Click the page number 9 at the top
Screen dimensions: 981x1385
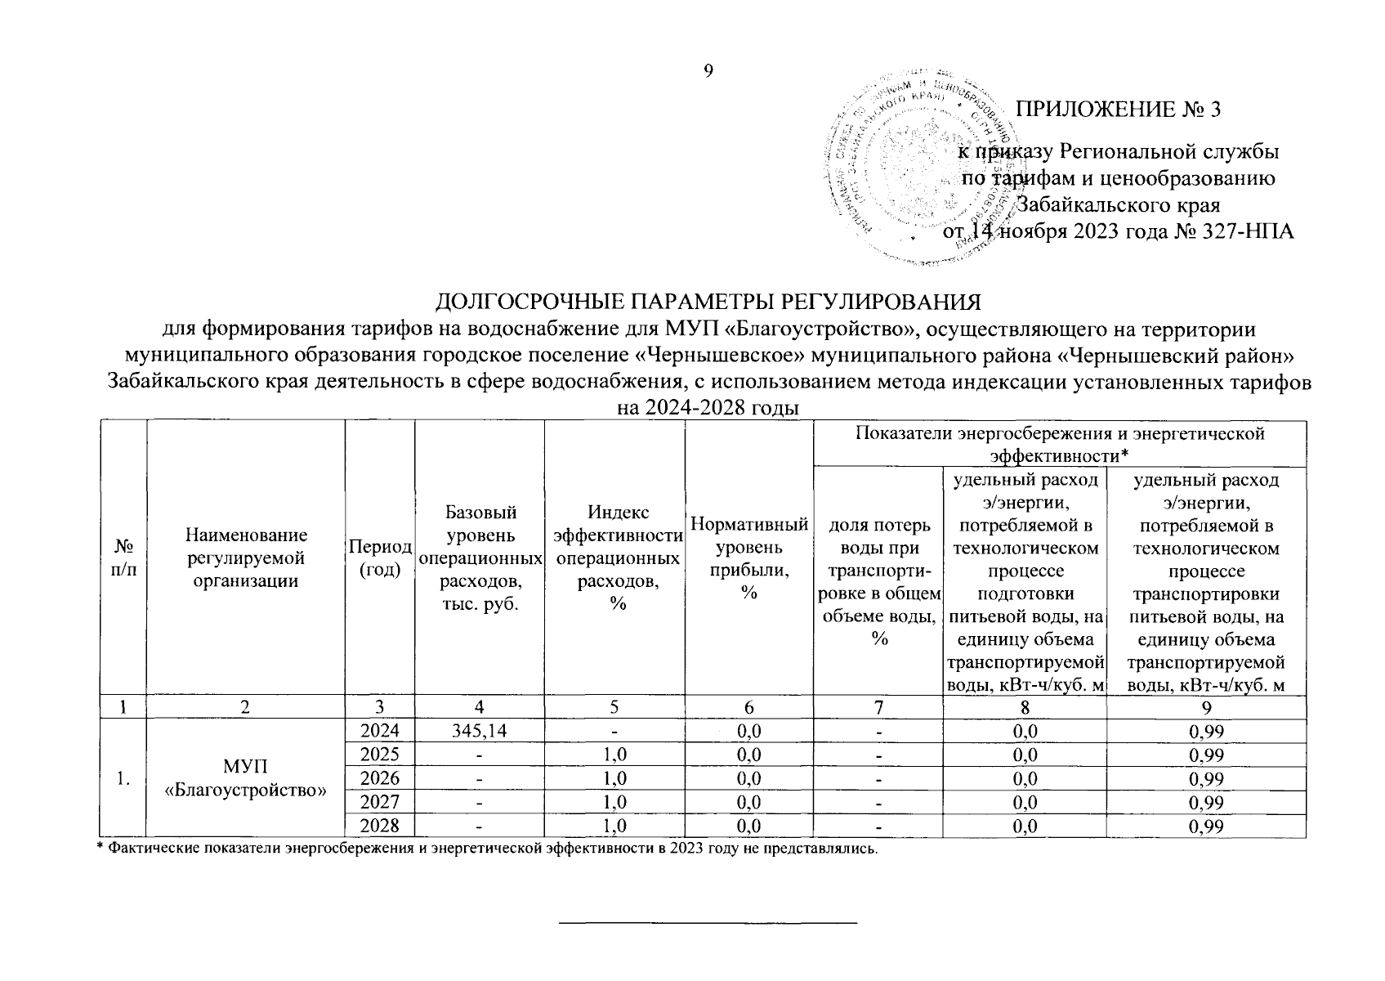708,71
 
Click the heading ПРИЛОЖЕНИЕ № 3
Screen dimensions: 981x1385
1117,110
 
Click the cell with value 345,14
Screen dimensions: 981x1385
479,731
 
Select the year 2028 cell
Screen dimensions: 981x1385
380,826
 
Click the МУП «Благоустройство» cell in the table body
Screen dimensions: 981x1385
245,778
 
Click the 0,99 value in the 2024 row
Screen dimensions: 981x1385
1205,731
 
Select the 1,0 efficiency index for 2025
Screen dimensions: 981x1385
614,755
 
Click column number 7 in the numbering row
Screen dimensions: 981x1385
878,707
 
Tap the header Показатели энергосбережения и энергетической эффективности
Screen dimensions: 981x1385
1059,443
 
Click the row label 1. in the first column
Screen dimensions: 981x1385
123,778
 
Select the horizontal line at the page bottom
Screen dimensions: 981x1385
708,923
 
